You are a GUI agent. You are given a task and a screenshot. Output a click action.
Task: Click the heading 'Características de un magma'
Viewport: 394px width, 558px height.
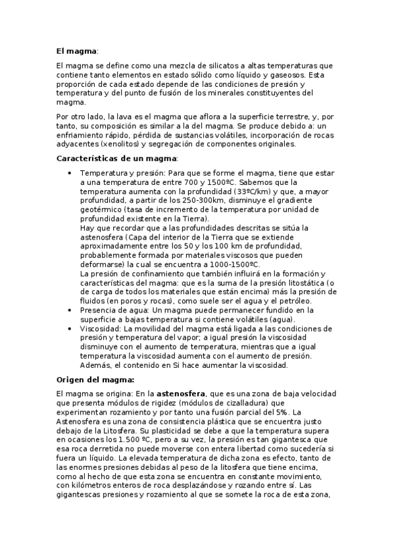[107, 159]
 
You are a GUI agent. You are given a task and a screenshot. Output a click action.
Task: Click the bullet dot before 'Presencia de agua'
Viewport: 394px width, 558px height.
[70, 310]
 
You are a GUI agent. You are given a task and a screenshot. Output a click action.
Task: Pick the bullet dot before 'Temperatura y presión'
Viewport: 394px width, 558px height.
[70, 172]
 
